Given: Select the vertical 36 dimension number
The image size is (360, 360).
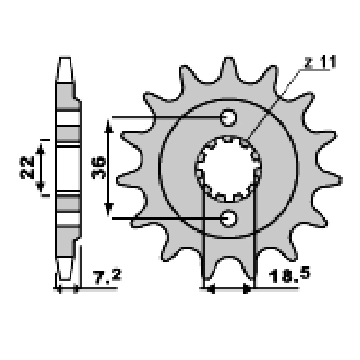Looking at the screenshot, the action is [x=99, y=168].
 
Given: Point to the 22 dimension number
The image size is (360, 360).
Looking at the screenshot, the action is [x=27, y=168].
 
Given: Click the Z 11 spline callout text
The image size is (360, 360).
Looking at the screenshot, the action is [x=320, y=62].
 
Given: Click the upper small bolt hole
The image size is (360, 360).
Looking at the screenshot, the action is [x=228, y=117].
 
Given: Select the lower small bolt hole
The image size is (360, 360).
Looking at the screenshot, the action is [x=228, y=219].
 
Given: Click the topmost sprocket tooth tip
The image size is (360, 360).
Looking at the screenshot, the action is [x=228, y=58].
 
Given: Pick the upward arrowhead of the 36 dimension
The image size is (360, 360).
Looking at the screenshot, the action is [x=109, y=127].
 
